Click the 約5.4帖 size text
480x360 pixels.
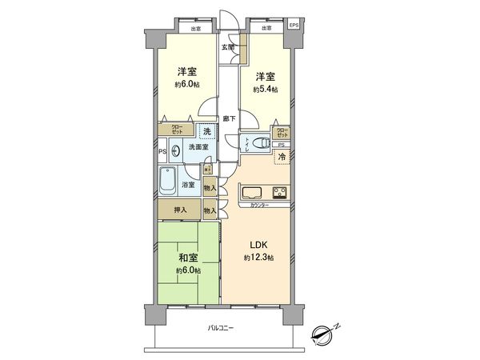coord(266,90)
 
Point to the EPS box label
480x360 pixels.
coord(293,26)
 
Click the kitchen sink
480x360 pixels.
coord(250,193)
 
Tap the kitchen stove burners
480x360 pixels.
coord(280,192)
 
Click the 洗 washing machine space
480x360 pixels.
coord(206,131)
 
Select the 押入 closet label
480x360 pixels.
coord(182,210)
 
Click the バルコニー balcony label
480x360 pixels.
coord(220,328)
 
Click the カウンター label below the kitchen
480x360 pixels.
coord(258,206)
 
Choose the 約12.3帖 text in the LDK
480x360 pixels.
coord(259,258)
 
